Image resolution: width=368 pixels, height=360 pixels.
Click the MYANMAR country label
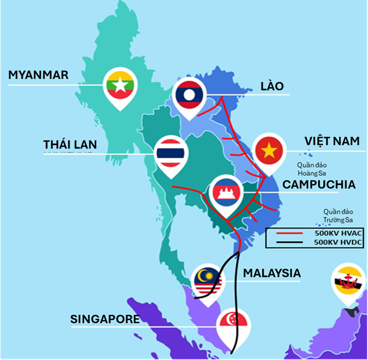tap(38, 75)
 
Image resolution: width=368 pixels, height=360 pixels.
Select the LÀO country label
tap(272, 86)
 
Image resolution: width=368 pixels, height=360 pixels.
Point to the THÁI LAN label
tap(70, 144)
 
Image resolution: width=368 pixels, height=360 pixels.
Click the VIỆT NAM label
tap(332, 141)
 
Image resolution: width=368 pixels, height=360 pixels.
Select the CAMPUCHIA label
tap(319, 184)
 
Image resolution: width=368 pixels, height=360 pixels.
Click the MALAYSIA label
tap(272, 273)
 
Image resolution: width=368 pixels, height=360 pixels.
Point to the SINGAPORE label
tap(105, 319)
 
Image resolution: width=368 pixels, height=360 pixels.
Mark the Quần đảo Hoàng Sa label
tap(314, 168)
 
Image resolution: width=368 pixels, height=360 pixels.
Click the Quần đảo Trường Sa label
tap(338, 215)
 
